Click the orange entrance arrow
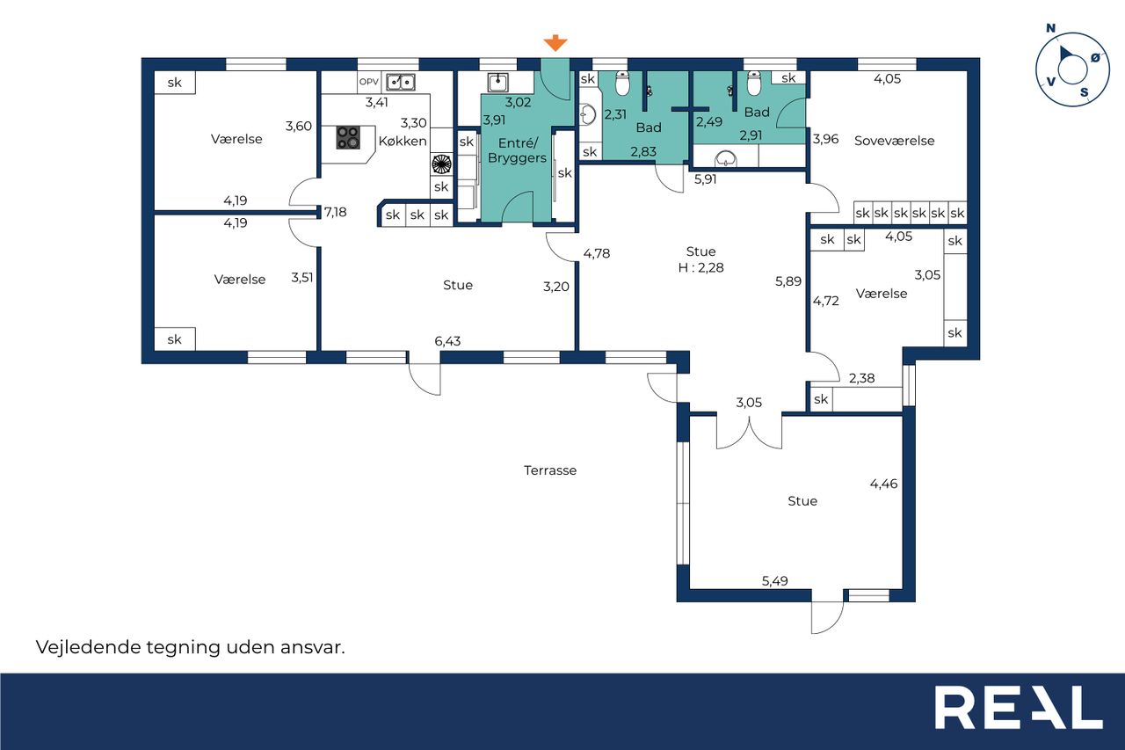(x=555, y=43)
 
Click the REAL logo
(x=1019, y=707)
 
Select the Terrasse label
(x=550, y=470)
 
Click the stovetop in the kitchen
(x=348, y=137)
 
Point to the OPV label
(x=368, y=82)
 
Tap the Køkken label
(x=403, y=142)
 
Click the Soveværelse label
(x=894, y=141)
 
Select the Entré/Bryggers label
(x=518, y=150)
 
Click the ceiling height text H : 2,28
(x=700, y=267)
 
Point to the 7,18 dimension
(x=335, y=212)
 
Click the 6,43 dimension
(x=447, y=341)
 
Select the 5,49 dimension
(x=775, y=580)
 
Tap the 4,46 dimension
(x=883, y=484)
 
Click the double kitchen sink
(x=400, y=82)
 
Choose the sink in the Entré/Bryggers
(x=497, y=83)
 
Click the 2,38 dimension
(x=862, y=378)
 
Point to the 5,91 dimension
(x=705, y=179)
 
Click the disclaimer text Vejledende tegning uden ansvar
(x=191, y=647)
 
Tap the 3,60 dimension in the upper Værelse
(x=298, y=126)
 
